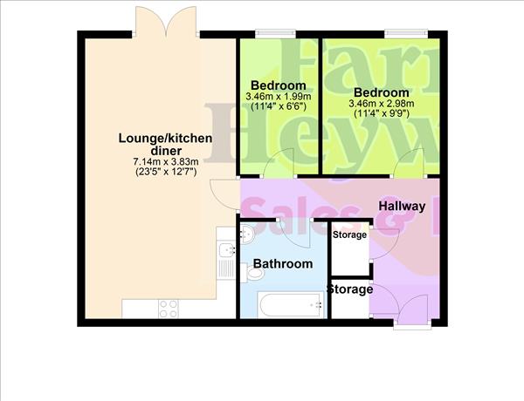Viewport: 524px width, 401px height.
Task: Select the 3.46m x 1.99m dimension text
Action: tap(278, 96)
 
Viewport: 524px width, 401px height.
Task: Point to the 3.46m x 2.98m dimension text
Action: tap(382, 103)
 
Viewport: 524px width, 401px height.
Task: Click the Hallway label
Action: tap(402, 207)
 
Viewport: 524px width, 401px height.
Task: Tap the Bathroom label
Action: tap(282, 263)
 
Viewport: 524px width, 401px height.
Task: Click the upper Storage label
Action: tap(349, 234)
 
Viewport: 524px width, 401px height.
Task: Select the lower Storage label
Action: tap(349, 289)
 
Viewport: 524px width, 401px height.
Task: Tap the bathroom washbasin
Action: tap(246, 234)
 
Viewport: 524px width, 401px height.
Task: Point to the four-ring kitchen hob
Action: tap(168, 309)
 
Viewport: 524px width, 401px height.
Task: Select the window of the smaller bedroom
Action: tap(272, 35)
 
